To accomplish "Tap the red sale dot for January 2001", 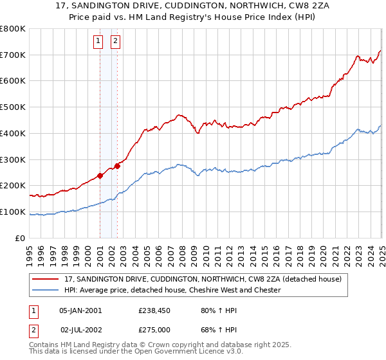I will (100, 175).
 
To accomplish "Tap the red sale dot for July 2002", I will (118, 165).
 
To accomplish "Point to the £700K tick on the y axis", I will (13, 55).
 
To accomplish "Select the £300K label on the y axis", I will (13, 159).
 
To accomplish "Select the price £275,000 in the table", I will (155, 329).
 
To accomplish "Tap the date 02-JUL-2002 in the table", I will (80, 329).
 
